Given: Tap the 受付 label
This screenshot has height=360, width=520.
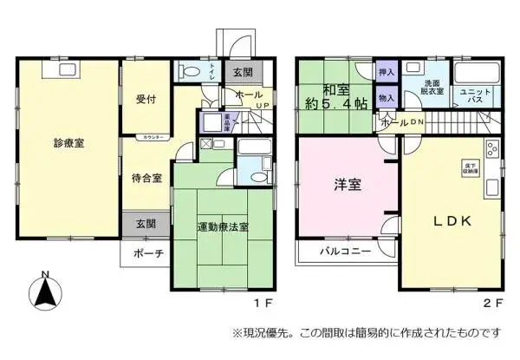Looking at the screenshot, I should [x=145, y=99].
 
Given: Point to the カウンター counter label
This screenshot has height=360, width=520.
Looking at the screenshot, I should [x=157, y=138].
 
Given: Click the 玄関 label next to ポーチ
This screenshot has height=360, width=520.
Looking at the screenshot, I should [x=146, y=223].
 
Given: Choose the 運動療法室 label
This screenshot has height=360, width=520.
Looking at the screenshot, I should [x=222, y=227].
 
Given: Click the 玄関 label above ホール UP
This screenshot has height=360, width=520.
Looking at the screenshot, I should [x=241, y=73].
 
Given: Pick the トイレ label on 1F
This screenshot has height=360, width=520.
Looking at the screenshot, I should [x=211, y=74].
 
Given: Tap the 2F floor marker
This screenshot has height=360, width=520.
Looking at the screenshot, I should [x=492, y=304].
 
